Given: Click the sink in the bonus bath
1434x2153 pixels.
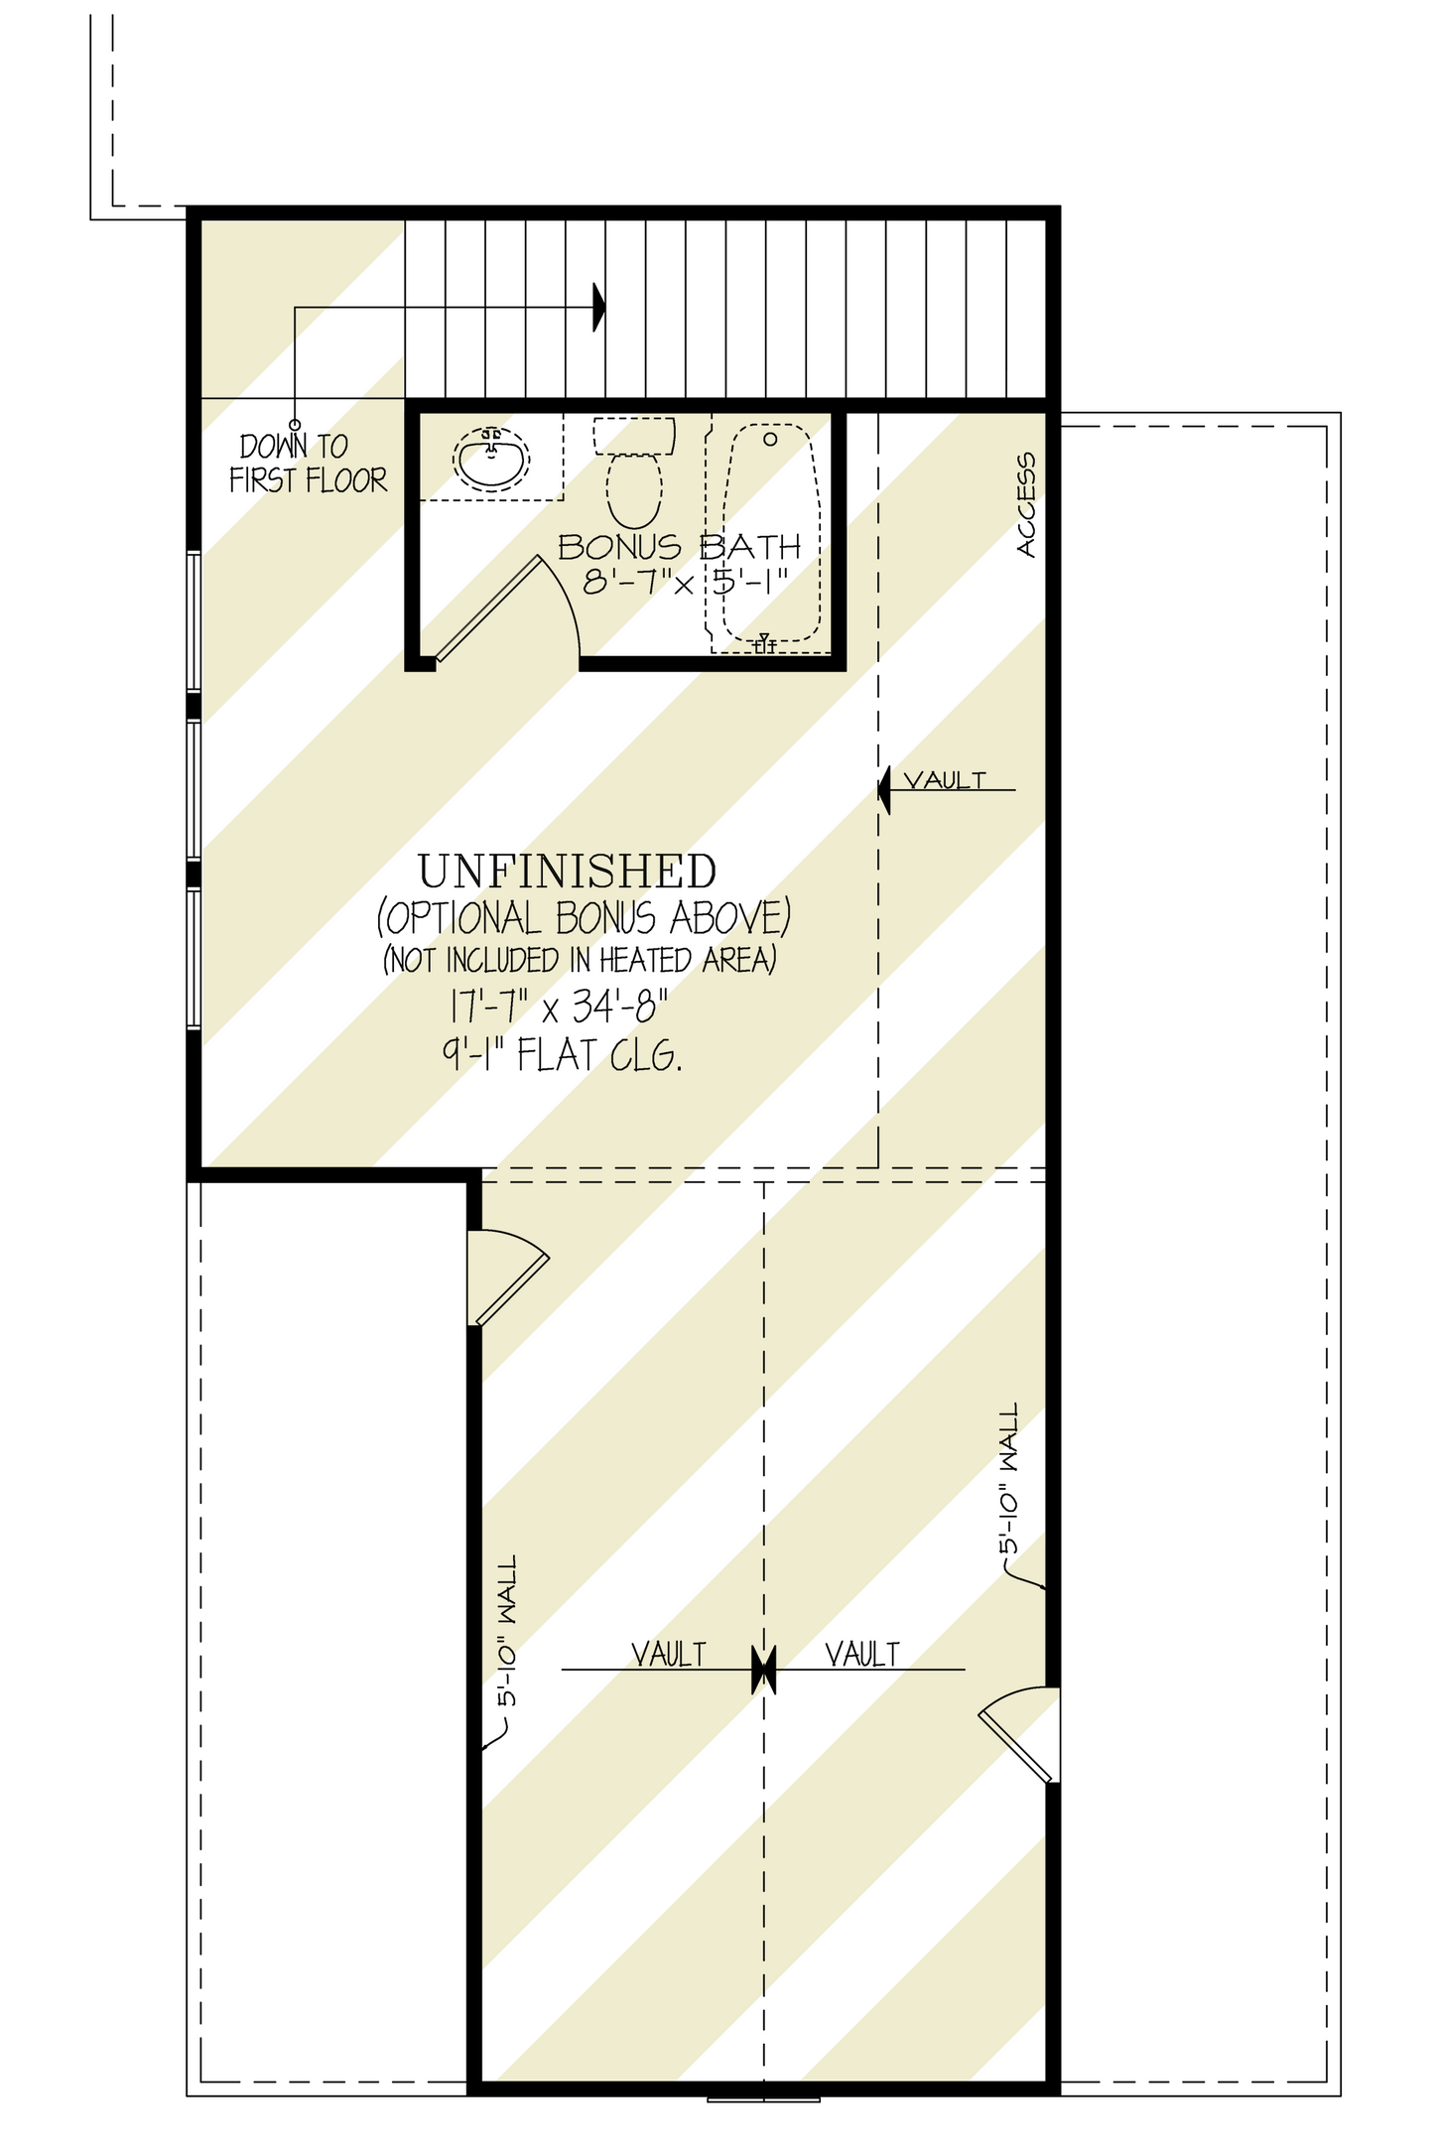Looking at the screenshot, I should (491, 459).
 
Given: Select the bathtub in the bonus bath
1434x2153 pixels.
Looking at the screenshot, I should (771, 536).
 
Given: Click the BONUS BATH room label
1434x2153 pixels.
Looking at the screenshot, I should (679, 547).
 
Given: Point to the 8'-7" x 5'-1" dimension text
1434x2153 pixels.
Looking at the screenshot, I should (685, 581).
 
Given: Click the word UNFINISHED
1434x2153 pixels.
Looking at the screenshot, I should (567, 872).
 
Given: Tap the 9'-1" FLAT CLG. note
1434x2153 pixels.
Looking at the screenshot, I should (562, 1055).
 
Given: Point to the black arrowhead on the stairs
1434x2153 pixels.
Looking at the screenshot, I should (598, 307).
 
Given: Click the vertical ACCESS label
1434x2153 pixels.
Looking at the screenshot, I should (1026, 505).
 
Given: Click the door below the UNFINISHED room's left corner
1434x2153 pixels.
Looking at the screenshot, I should (509, 1275).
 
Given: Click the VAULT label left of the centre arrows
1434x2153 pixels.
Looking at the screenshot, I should (669, 1655).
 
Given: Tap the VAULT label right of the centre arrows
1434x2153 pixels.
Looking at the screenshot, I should (862, 1655).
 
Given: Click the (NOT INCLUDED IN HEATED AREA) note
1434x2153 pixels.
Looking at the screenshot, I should (580, 960).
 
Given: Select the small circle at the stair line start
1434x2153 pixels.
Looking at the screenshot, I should (295, 425).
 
